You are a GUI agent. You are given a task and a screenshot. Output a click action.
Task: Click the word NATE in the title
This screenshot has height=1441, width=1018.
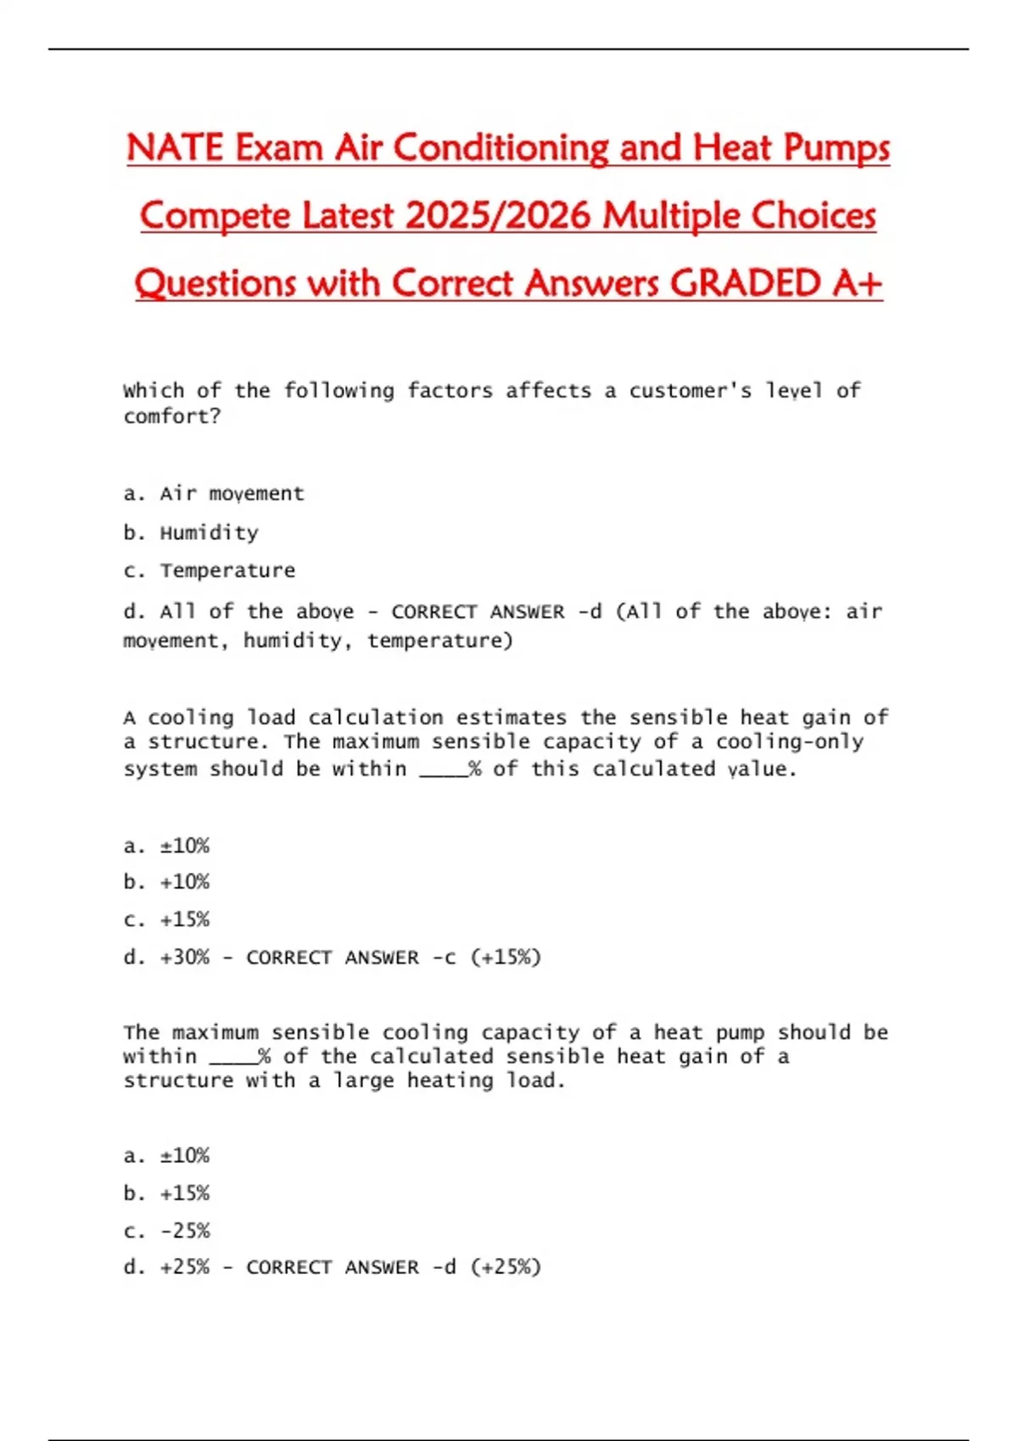click(175, 148)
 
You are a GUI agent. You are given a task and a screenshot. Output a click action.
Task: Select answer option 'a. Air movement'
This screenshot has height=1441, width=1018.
click(213, 493)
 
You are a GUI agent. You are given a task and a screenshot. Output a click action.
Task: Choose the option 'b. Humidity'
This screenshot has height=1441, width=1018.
click(191, 532)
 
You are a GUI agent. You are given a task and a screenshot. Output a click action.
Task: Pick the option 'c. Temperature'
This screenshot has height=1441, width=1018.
click(210, 570)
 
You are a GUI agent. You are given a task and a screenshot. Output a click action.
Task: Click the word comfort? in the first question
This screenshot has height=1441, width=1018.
click(172, 416)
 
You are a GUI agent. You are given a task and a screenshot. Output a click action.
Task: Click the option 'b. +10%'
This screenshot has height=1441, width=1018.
click(166, 882)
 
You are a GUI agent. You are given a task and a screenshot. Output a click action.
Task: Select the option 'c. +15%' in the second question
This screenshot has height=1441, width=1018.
click(166, 919)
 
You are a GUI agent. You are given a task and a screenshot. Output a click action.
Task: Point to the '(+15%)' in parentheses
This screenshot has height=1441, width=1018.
click(506, 957)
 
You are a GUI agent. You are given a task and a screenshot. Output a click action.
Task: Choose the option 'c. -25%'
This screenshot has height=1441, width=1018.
click(166, 1230)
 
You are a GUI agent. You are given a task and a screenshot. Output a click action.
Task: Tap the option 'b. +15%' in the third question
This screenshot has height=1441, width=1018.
click(166, 1193)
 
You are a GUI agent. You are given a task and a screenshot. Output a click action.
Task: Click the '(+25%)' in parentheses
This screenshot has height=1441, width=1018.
click(506, 1267)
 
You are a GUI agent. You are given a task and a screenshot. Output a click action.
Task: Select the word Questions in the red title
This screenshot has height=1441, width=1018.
click(215, 284)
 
